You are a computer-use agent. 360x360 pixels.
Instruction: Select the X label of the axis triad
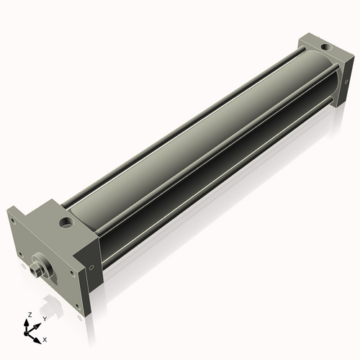point(45,338)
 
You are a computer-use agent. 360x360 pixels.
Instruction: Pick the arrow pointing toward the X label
point(37,336)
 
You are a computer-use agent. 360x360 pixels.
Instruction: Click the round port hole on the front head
point(66,220)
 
